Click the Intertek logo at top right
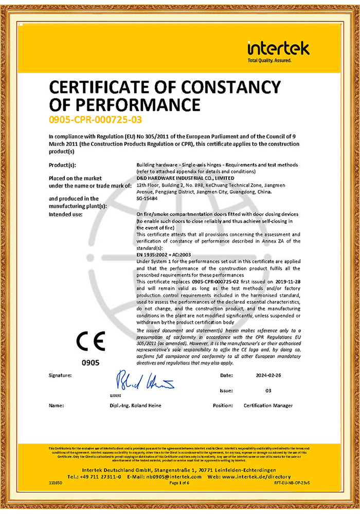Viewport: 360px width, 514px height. tap(278, 49)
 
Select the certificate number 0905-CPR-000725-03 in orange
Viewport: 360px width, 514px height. tap(95, 120)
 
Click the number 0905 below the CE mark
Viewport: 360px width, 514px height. tap(91, 362)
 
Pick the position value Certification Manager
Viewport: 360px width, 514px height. tap(268, 406)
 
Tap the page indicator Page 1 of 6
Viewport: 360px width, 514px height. tap(179, 483)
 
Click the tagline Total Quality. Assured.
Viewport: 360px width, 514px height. tap(269, 61)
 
